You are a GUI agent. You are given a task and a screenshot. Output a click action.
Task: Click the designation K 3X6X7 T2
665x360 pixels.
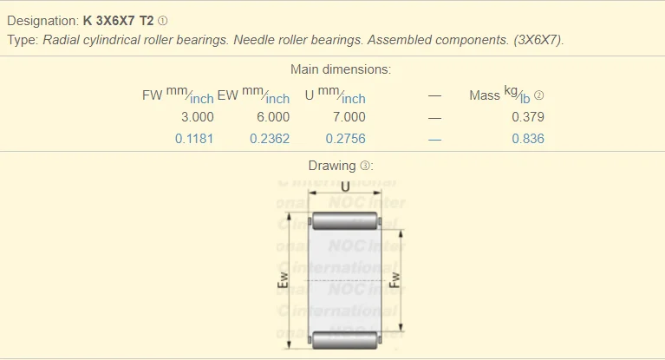click(119, 20)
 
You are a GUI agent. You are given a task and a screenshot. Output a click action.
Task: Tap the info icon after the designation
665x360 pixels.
click(163, 20)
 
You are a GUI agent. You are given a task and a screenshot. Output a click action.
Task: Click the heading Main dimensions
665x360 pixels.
click(340, 69)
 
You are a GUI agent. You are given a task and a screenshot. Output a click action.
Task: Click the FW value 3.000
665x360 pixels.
click(197, 117)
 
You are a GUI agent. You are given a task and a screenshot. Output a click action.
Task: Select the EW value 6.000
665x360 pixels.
click(272, 117)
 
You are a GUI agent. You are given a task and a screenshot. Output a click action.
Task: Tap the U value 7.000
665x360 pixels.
click(349, 117)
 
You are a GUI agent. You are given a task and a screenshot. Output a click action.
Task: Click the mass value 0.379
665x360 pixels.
click(528, 117)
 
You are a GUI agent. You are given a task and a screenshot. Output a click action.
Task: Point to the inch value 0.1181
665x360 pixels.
click(194, 139)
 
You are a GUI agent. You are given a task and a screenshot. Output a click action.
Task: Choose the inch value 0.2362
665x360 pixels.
click(270, 139)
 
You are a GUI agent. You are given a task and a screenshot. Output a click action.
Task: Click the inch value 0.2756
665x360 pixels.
click(346, 139)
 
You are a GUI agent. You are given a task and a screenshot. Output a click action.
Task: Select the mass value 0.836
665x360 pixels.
click(528, 139)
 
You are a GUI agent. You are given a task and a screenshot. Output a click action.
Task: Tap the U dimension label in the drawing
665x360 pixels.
click(346, 187)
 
